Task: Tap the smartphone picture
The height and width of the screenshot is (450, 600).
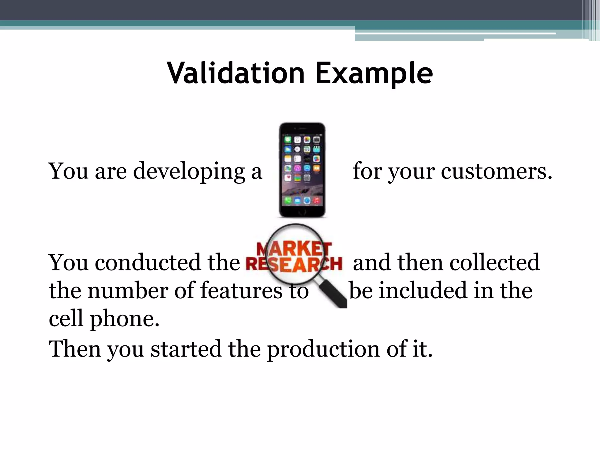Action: point(302,170)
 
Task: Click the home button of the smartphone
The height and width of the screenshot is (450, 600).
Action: point(302,211)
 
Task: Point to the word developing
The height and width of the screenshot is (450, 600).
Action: point(189,172)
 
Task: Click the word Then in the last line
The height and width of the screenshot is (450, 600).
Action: point(75,349)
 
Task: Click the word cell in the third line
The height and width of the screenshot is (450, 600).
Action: point(66,318)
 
